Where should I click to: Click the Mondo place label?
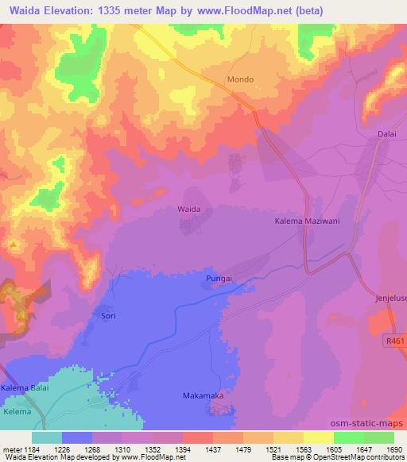240,81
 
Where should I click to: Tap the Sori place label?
109,315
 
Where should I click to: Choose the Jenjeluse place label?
390,298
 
